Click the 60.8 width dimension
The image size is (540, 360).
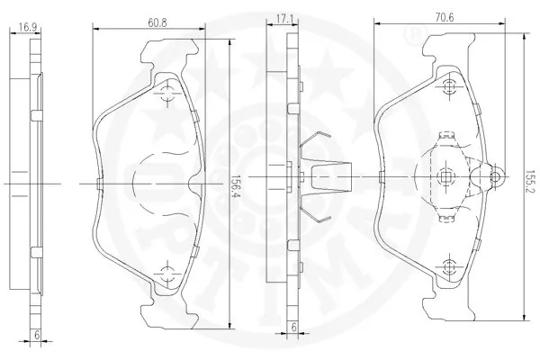(157, 22)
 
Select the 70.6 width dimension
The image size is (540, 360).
(445, 17)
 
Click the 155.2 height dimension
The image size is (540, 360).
(530, 176)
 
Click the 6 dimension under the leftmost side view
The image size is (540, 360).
(37, 335)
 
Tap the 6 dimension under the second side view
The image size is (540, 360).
(293, 327)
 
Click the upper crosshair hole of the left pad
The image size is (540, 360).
(167, 93)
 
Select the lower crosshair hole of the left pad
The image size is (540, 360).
(167, 274)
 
